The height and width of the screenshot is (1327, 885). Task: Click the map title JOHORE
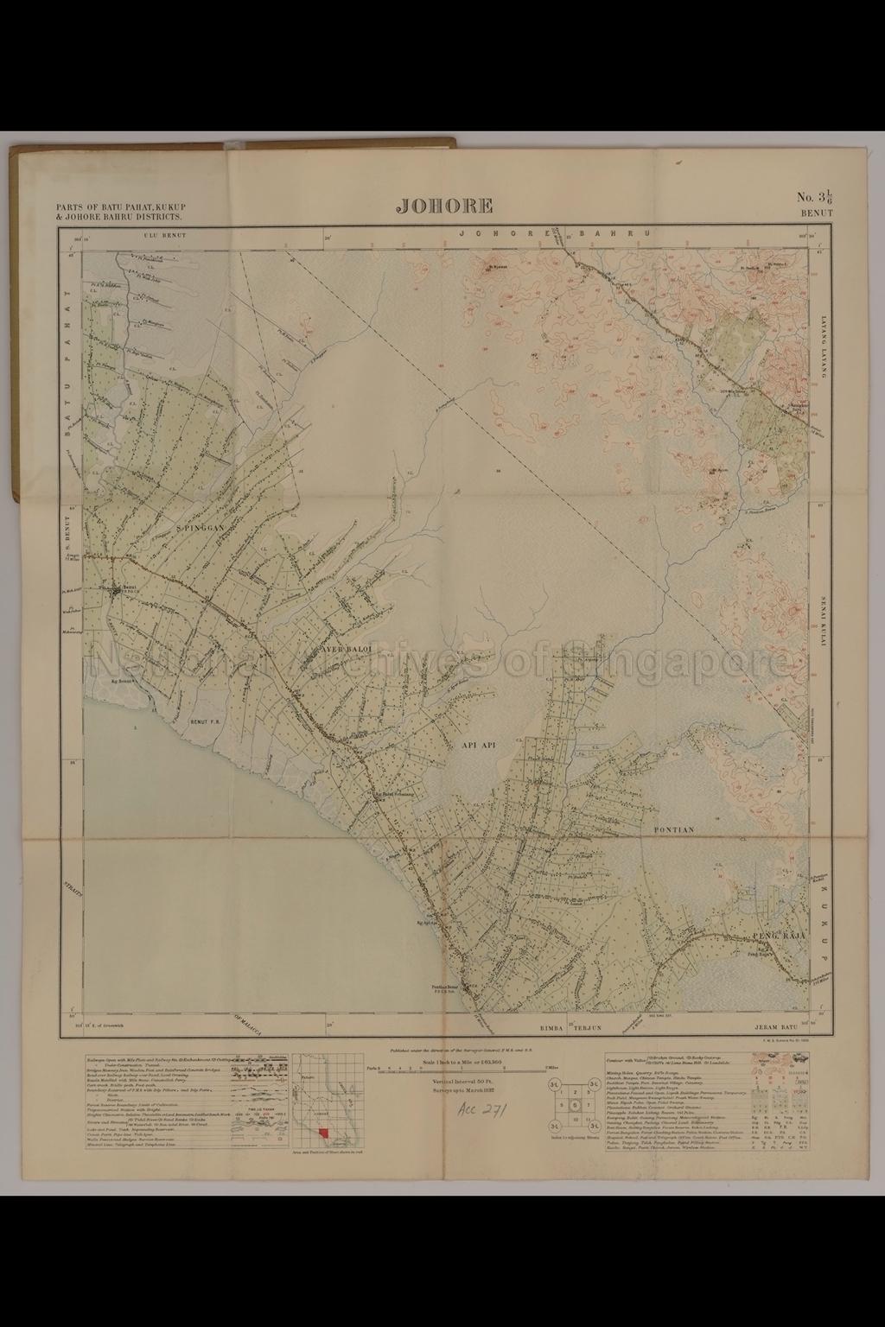[444, 206]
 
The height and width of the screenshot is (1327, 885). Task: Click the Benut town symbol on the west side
[117, 589]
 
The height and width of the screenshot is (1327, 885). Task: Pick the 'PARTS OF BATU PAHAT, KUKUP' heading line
[121, 208]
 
